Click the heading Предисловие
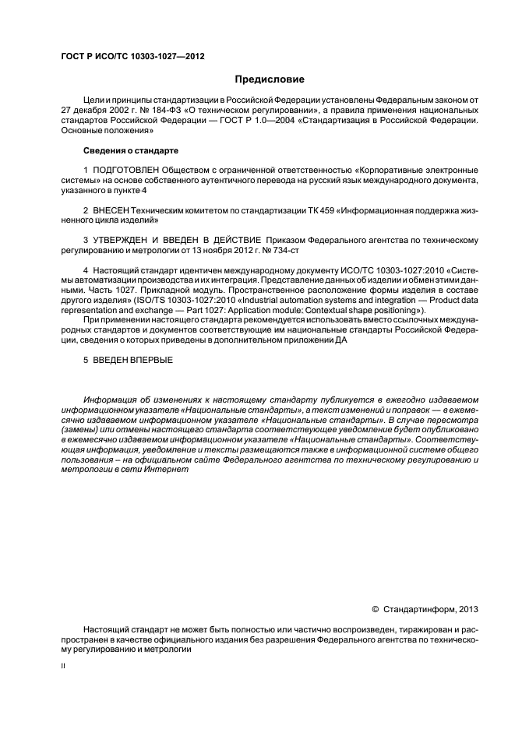tap(270, 79)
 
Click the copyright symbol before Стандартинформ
tap(376, 609)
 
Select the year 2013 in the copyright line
tap(469, 609)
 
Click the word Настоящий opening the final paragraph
tap(109, 629)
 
